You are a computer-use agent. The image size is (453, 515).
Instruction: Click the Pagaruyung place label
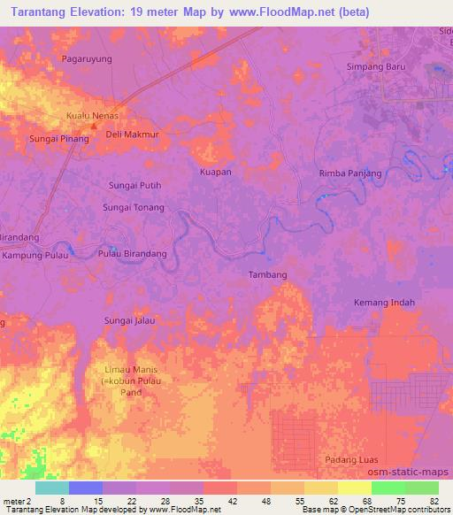coord(86,58)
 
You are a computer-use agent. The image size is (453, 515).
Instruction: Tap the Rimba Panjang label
coord(350,173)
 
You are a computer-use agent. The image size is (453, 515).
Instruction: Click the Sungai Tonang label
coord(134,207)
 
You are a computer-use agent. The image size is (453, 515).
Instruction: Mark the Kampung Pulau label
coord(35,255)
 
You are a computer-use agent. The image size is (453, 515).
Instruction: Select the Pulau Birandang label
coord(132,254)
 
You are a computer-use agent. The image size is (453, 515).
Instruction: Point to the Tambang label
coord(267,275)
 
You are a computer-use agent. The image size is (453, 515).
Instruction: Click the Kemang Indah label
coord(384,303)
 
